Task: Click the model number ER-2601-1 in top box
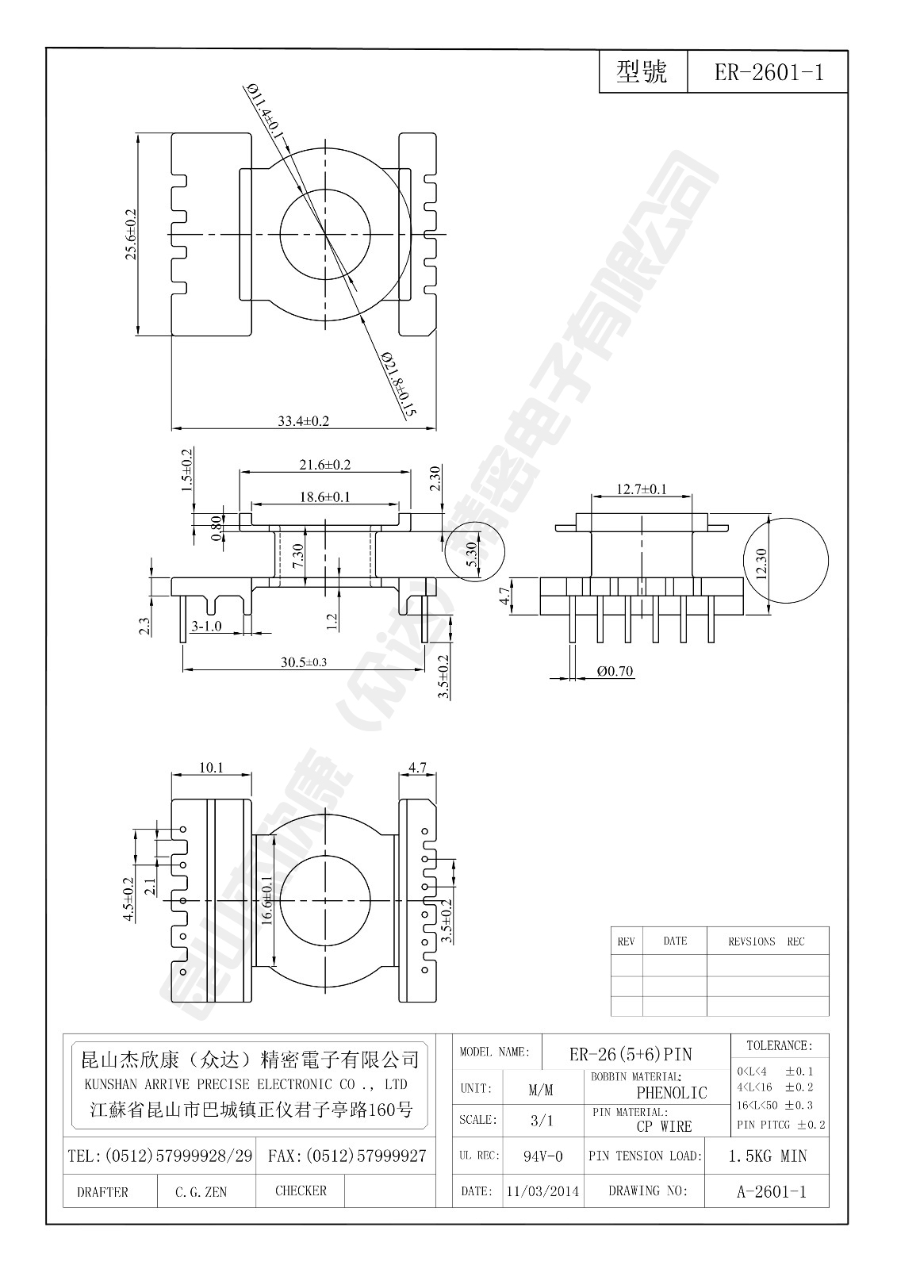pos(769,73)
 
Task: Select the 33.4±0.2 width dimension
pos(303,421)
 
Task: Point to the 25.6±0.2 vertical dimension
pos(131,235)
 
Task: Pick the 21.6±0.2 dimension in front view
pos(324,465)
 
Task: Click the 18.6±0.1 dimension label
pos(324,497)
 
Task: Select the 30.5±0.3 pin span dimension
pos(303,662)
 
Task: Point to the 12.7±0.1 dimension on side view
pos(642,489)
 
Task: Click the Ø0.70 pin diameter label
pos(615,672)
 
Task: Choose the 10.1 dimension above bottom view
pos(211,768)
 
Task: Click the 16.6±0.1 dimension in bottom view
pos(266,900)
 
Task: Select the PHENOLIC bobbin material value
pos(671,1093)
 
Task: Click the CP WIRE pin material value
pos(664,1126)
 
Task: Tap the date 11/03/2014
pos(543,1191)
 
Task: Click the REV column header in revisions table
pos(626,941)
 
